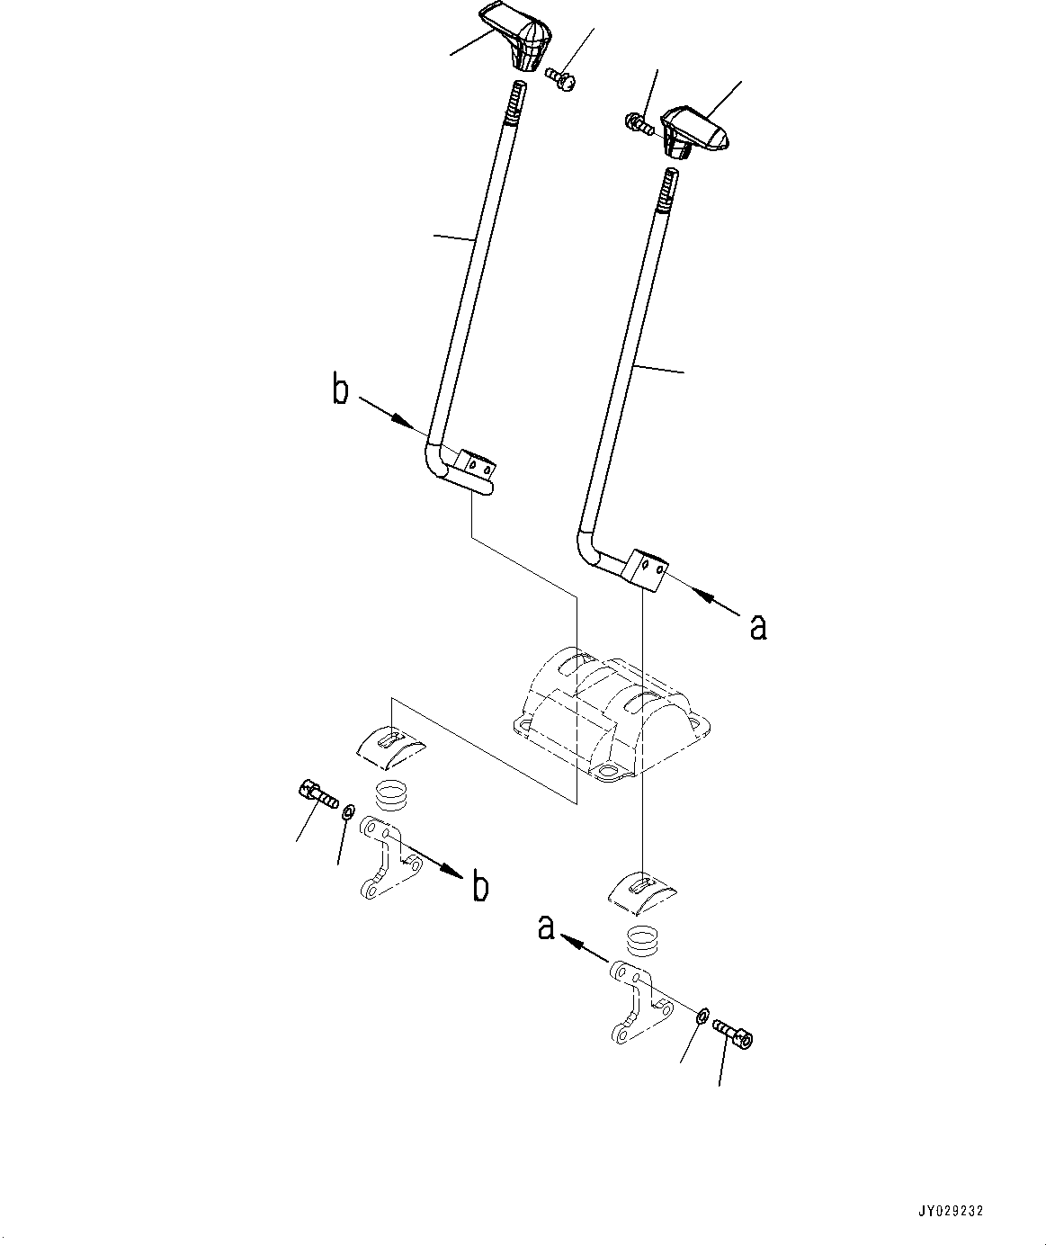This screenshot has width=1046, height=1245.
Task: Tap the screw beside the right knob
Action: point(639,123)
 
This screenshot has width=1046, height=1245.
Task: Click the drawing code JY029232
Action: point(950,1211)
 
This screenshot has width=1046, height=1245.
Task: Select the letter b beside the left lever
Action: point(340,392)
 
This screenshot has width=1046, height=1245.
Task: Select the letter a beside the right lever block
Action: point(758,626)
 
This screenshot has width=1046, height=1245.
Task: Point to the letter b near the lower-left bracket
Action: point(481,888)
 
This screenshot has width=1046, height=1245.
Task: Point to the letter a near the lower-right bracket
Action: point(546,927)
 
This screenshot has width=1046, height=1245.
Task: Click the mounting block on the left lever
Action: point(474,465)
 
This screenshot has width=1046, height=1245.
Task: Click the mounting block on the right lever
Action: point(648,569)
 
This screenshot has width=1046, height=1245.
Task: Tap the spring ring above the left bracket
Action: point(390,795)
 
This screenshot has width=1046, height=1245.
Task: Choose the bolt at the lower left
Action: point(315,793)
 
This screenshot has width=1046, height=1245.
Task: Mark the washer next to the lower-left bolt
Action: point(347,812)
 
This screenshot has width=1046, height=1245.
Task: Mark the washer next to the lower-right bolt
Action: point(702,1017)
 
